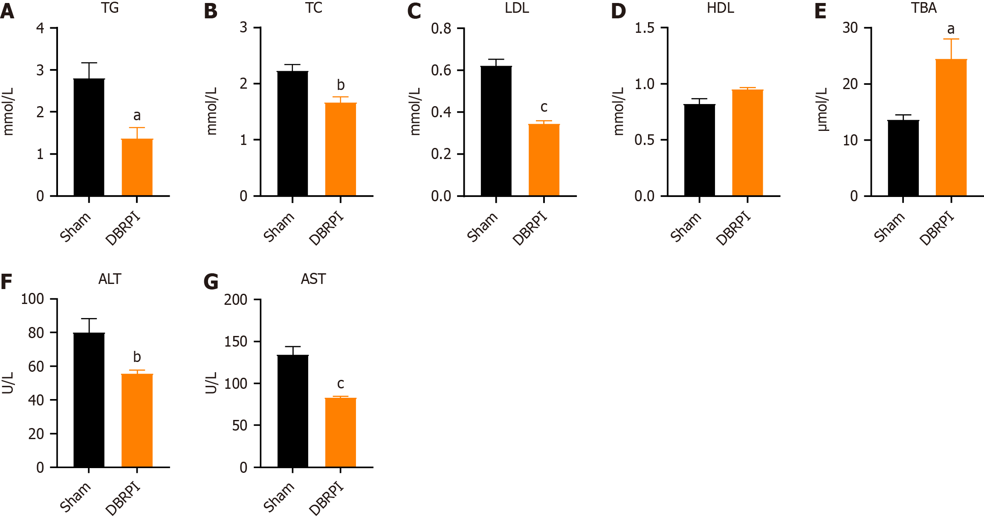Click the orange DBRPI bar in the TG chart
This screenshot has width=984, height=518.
[137, 167]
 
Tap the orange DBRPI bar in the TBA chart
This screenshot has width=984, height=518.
[951, 127]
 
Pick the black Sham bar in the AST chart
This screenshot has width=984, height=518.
[292, 411]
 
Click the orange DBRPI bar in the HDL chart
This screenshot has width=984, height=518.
[747, 143]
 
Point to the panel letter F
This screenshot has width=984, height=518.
[6, 282]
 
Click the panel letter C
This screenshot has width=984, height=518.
[414, 11]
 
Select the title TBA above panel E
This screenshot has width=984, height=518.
[924, 8]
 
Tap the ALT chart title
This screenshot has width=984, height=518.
[110, 279]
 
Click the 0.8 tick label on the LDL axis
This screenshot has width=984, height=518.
[441, 29]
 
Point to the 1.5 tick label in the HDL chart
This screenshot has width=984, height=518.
[644, 28]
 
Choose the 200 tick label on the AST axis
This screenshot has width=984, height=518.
[236, 300]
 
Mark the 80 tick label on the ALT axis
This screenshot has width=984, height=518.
[36, 333]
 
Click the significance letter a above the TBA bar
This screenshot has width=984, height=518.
[951, 29]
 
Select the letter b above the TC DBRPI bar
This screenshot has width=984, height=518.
[341, 85]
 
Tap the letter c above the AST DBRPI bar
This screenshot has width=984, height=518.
[341, 384]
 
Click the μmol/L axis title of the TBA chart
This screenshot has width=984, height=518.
[822, 110]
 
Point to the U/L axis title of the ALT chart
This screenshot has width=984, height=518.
[8, 383]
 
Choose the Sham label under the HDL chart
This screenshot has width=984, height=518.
[686, 227]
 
